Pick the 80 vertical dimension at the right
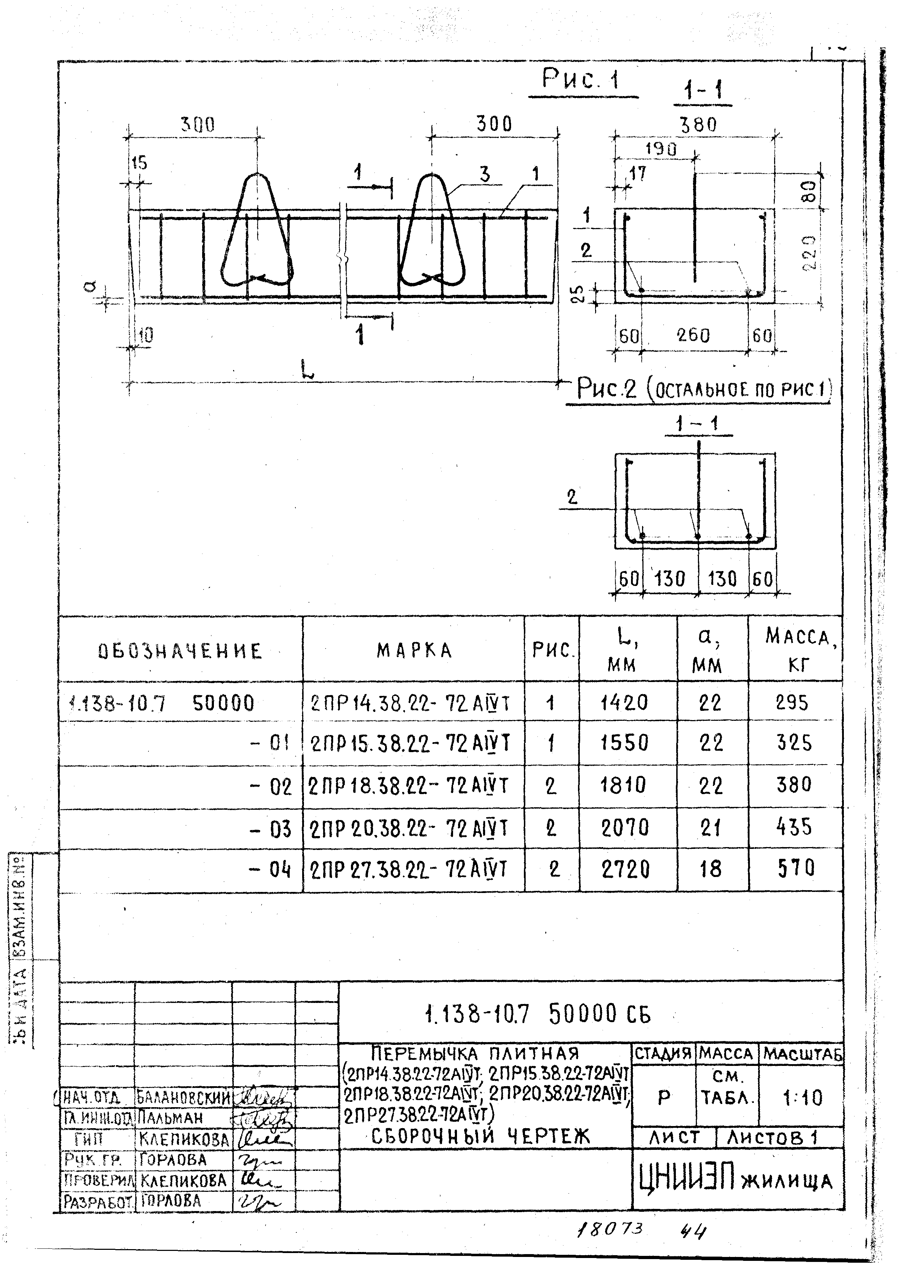[810, 191]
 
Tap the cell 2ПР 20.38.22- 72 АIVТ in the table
[409, 829]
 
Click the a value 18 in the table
[710, 868]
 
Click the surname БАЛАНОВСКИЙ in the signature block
[183, 1098]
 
